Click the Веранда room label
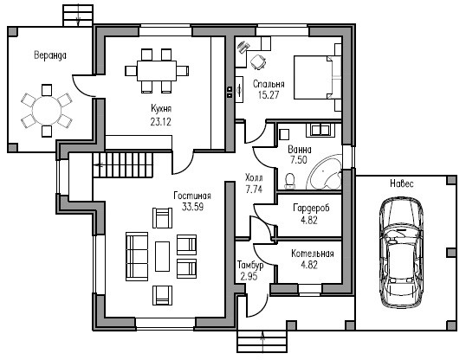click(x=50, y=55)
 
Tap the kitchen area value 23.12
click(x=161, y=122)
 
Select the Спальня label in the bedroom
click(x=269, y=84)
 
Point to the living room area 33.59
click(x=192, y=207)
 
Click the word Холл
click(x=254, y=178)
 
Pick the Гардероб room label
click(x=311, y=209)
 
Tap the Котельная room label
click(x=313, y=254)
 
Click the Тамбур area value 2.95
click(x=249, y=277)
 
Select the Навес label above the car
click(x=402, y=183)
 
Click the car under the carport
click(x=402, y=253)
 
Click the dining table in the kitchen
click(x=157, y=71)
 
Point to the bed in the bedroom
click(x=317, y=78)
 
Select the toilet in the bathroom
click(x=290, y=181)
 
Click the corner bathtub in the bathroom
click(x=325, y=172)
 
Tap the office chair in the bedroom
click(x=257, y=62)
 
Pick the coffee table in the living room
click(x=162, y=256)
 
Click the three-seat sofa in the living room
click(x=137, y=256)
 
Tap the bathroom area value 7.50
click(x=299, y=160)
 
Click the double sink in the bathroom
click(x=320, y=130)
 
